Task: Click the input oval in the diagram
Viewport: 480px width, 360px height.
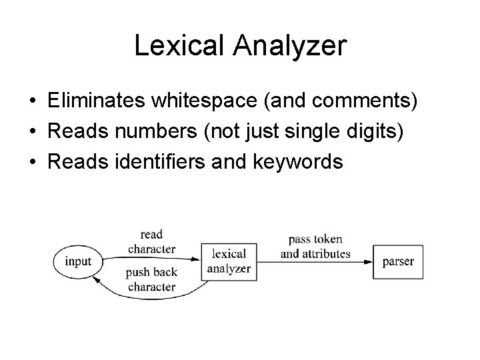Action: tap(78, 261)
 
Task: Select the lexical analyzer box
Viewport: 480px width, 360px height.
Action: tap(229, 261)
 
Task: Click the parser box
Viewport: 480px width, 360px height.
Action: tap(398, 261)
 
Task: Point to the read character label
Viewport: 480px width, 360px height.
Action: tap(151, 241)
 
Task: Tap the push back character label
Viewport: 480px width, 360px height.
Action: tap(151, 280)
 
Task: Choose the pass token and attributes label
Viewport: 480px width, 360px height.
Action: tap(315, 247)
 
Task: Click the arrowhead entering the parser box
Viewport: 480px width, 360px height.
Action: tap(369, 261)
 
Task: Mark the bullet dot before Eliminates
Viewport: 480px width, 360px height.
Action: tap(31, 102)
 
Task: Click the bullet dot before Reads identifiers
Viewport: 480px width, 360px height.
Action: tap(31, 162)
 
